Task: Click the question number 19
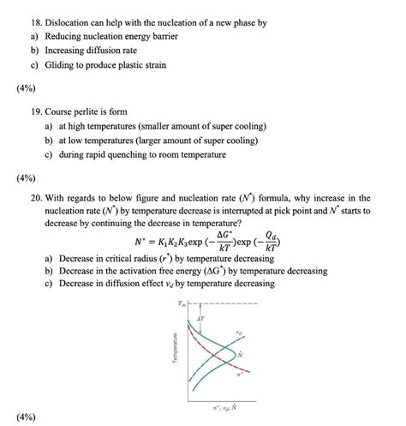[39, 109]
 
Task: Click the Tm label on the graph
[181, 303]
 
